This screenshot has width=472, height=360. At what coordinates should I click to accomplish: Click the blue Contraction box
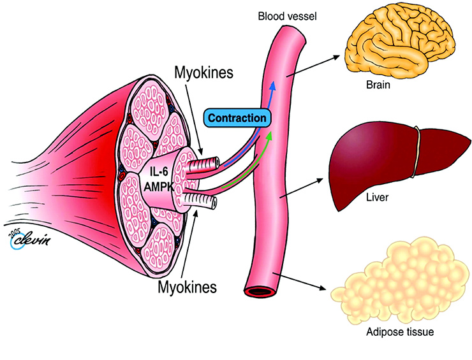click(x=237, y=118)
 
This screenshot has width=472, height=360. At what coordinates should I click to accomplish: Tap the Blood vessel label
click(x=288, y=16)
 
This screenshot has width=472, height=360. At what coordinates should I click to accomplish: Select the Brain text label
click(x=378, y=85)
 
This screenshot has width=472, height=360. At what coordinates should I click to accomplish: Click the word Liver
click(x=377, y=198)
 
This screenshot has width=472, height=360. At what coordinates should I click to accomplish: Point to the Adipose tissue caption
click(x=400, y=332)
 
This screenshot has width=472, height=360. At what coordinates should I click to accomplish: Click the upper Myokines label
click(x=204, y=73)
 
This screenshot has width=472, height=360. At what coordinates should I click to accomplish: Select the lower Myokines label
click(x=188, y=287)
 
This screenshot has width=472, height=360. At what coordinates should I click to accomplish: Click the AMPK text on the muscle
click(x=159, y=187)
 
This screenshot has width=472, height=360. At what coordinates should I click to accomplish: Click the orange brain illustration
click(x=399, y=42)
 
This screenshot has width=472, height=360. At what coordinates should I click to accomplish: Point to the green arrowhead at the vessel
click(x=269, y=134)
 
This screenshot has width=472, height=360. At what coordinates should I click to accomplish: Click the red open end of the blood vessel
click(x=260, y=292)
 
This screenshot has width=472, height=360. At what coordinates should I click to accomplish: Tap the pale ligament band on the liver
click(x=416, y=152)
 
